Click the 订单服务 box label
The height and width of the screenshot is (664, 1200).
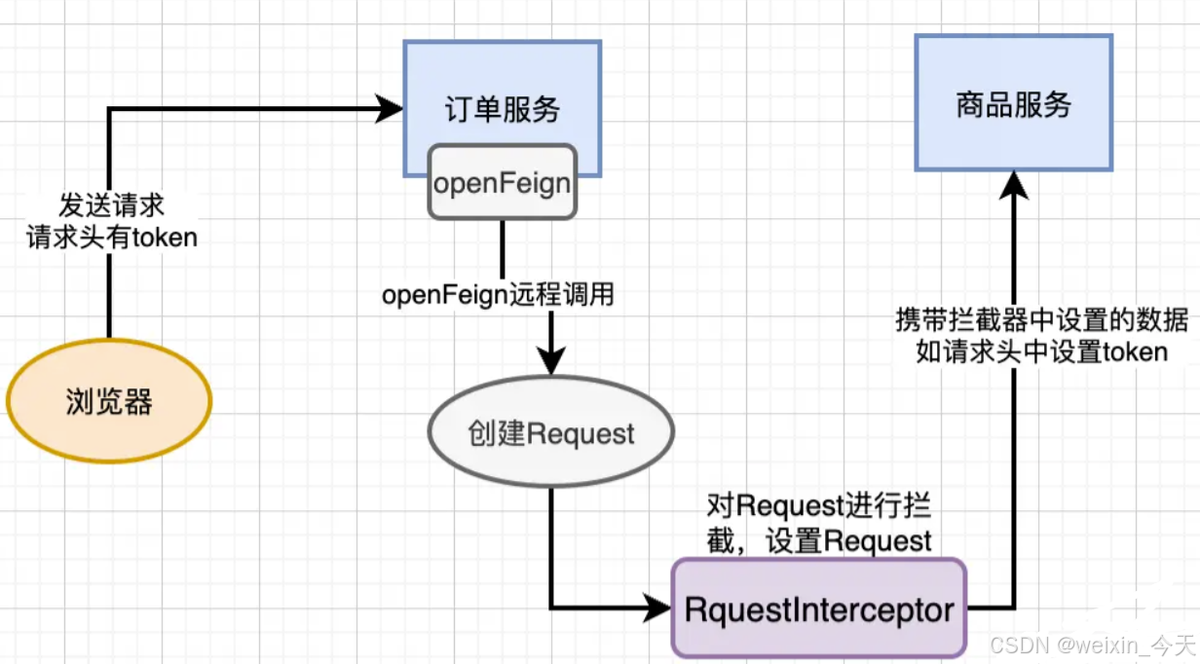pyautogui.click(x=503, y=109)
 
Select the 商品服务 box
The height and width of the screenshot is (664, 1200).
pyautogui.click(x=1013, y=103)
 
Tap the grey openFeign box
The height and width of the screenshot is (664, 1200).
pyautogui.click(x=503, y=182)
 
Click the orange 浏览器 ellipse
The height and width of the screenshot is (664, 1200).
pyautogui.click(x=109, y=401)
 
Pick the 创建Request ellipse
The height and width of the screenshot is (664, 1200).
pyautogui.click(x=551, y=434)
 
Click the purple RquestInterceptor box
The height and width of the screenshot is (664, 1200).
pyautogui.click(x=818, y=610)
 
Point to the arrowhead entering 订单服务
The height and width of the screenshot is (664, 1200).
pyautogui.click(x=391, y=109)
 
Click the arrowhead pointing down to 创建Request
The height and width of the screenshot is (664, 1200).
pyautogui.click(x=551, y=362)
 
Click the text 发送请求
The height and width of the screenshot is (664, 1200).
pyautogui.click(x=111, y=205)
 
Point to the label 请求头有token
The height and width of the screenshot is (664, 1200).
pyautogui.click(x=111, y=237)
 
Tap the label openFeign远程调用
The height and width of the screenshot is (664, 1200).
pyautogui.click(x=498, y=294)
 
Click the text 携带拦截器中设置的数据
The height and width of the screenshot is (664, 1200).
pyautogui.click(x=1040, y=319)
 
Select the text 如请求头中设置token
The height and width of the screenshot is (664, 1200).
pyautogui.click(x=1040, y=350)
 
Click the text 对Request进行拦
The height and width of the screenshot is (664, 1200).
pyautogui.click(x=818, y=506)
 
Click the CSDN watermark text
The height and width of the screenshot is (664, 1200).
pyautogui.click(x=1090, y=646)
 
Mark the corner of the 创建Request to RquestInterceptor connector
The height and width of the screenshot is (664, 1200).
pyautogui.click(x=551, y=609)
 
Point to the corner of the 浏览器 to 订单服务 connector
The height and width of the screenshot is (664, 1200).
pyautogui.click(x=109, y=109)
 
